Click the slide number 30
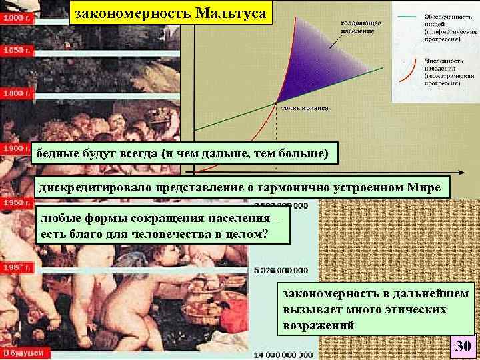click(x=462, y=346)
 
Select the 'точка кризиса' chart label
click(x=303, y=107)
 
